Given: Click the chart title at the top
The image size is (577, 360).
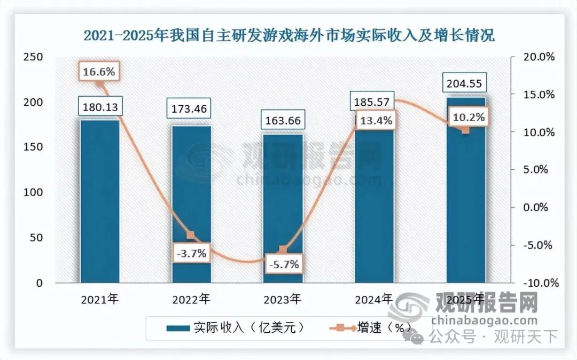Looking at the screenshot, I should coord(289,36).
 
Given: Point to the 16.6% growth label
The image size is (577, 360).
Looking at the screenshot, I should coord(98,72).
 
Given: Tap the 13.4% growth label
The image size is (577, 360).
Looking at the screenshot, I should coord(374,121).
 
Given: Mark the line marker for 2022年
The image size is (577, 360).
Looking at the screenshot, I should coord(191,235).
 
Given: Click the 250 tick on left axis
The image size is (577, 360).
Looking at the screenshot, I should coord(33,57).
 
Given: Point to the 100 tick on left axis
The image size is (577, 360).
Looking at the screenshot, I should coord(33,192).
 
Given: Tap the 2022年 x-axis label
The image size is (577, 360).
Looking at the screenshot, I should coord(191,299).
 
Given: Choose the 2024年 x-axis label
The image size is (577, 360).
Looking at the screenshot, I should coord(374,299).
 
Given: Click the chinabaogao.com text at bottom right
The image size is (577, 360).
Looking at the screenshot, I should coord(484,320).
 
